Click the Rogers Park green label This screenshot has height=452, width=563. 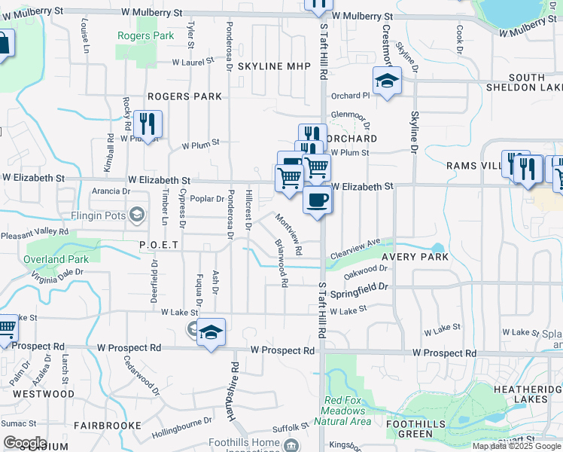pos(136,35)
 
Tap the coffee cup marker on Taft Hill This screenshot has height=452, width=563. pos(317,200)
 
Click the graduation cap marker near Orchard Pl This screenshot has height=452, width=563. pos(387,81)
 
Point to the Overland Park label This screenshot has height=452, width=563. pos(56,259)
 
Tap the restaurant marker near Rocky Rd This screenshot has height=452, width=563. pos(148,124)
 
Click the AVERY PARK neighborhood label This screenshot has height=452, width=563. pos(415,257)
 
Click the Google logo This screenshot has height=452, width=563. pos(25,442)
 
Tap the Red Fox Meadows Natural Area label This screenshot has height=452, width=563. pos(347,411)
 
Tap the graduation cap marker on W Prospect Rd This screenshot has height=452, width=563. pos(212,332)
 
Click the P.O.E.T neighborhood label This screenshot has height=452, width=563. pos(158,245)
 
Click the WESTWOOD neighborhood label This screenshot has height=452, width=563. pos(44,394)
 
